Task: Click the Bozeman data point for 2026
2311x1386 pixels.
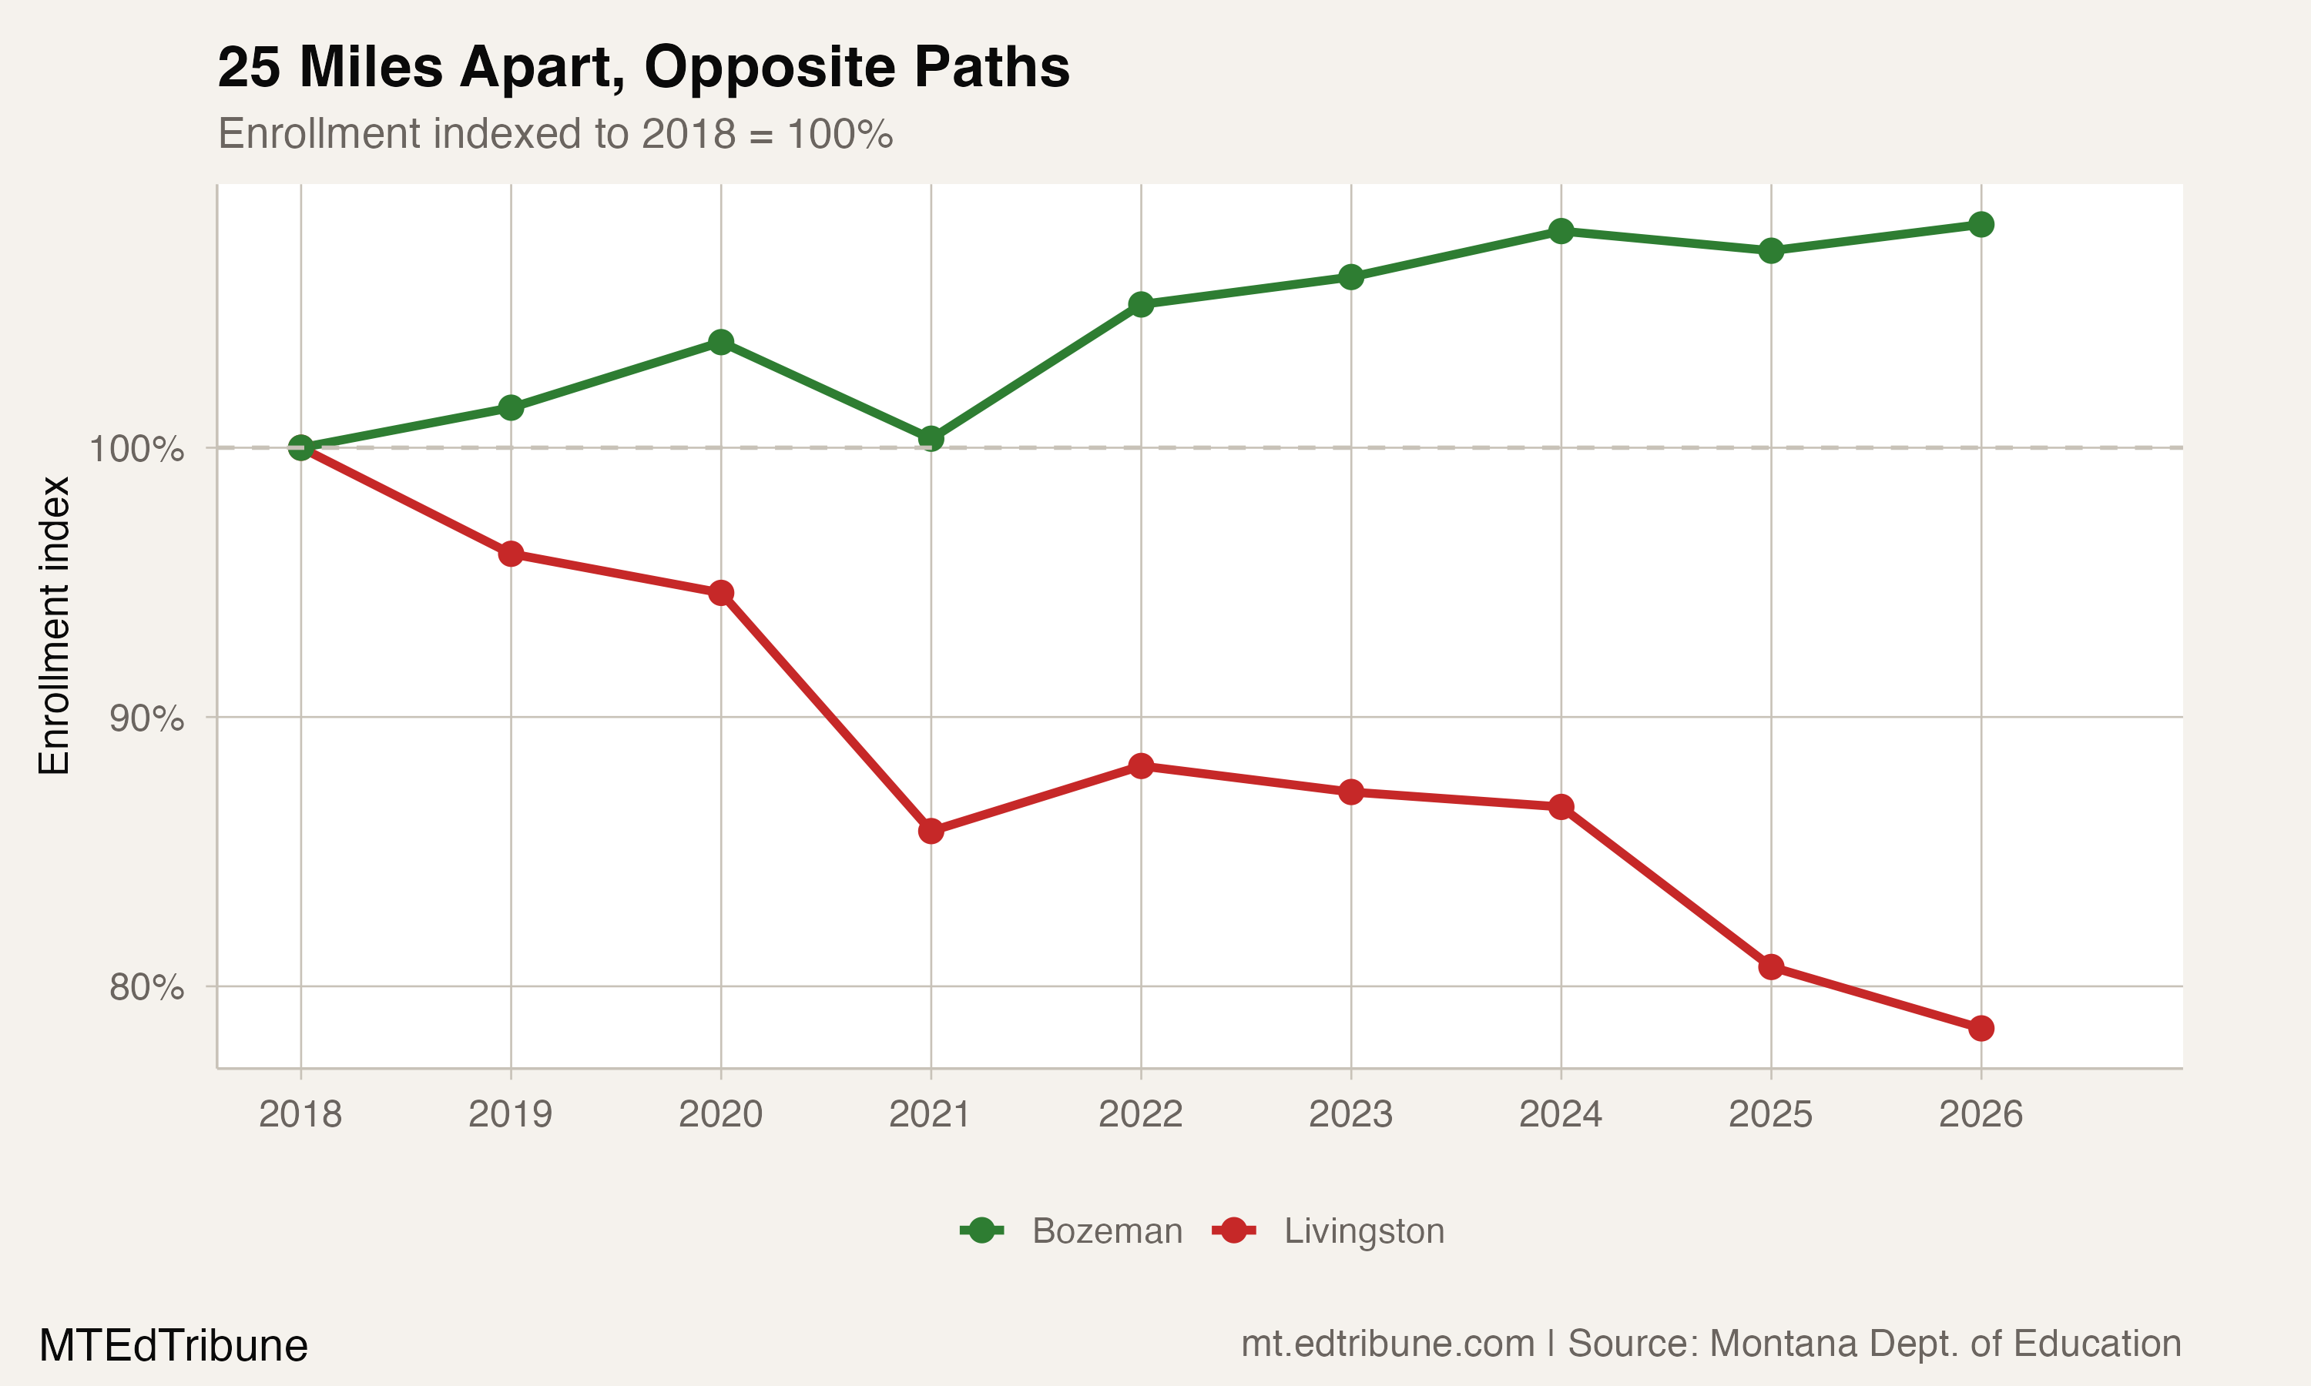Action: pos(1981,224)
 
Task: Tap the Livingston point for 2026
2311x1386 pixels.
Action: pos(1981,1028)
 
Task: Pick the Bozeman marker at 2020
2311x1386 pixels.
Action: pos(720,342)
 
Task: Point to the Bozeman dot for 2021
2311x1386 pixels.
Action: pos(931,438)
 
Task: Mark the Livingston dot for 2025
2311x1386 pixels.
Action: pos(1770,966)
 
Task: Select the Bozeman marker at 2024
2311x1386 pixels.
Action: pos(1561,231)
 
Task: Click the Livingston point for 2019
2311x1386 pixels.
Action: pos(510,554)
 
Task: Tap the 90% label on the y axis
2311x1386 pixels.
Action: pos(146,718)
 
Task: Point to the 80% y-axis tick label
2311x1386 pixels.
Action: pos(146,987)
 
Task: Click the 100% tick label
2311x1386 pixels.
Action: pos(136,449)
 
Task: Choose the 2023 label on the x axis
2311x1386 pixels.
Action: pos(1350,1114)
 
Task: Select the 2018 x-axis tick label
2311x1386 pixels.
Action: pos(300,1114)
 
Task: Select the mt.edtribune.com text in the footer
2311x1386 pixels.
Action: pos(1387,1344)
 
